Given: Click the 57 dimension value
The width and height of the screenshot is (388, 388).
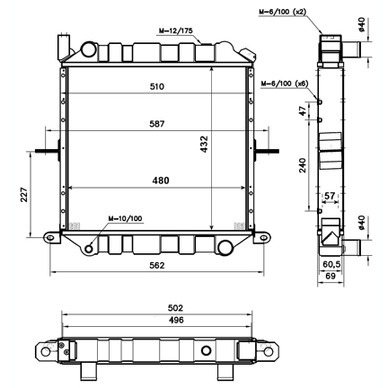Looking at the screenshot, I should coord(330,195).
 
